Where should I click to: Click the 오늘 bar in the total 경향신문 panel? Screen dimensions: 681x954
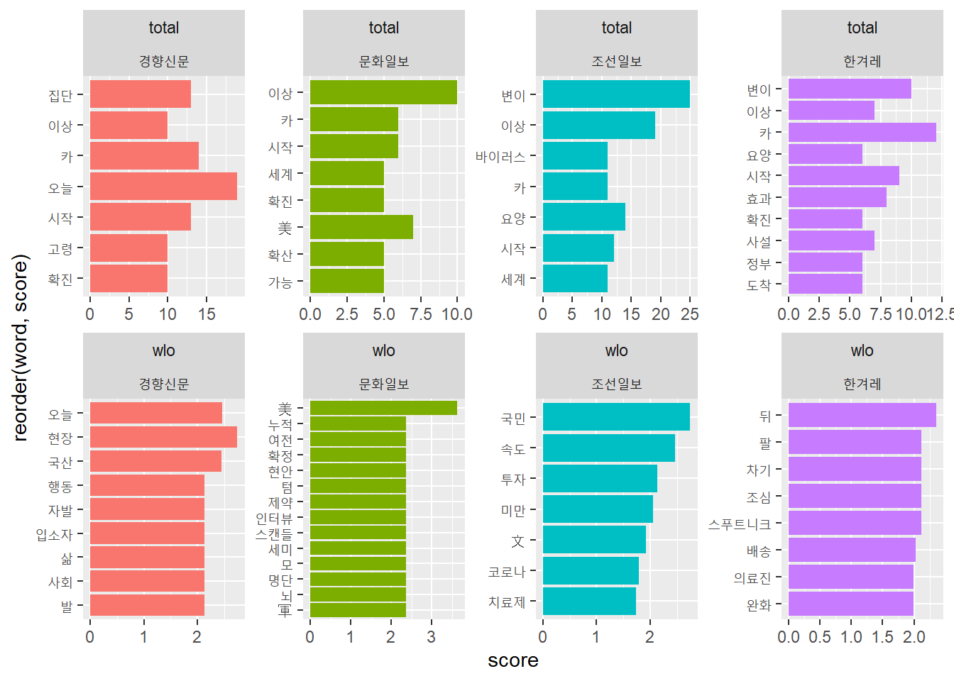click(x=163, y=186)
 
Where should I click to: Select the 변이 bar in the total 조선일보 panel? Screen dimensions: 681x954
click(x=616, y=94)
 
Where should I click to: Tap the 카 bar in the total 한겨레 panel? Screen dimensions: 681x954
click(x=862, y=133)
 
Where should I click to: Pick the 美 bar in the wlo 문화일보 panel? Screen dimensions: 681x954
click(x=383, y=408)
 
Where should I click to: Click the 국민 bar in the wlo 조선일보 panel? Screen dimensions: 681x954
click(x=616, y=417)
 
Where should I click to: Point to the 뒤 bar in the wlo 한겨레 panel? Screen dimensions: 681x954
click(x=862, y=416)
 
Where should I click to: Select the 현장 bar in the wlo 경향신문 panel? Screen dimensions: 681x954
click(x=163, y=438)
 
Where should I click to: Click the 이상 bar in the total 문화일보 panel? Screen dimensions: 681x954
click(x=383, y=93)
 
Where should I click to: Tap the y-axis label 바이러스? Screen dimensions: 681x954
click(x=500, y=157)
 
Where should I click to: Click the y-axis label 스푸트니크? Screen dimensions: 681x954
click(x=739, y=524)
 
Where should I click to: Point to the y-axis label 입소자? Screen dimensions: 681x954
click(x=55, y=534)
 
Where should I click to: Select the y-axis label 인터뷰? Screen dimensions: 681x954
click(x=274, y=519)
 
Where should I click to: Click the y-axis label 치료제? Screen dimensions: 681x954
click(x=507, y=602)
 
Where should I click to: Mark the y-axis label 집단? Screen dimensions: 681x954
click(x=60, y=95)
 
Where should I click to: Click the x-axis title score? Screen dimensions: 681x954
click(x=512, y=660)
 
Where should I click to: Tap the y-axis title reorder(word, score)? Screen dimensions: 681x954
click(x=20, y=348)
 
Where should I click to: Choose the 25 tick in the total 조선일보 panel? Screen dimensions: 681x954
click(x=689, y=314)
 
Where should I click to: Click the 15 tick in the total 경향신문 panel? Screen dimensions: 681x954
click(x=207, y=314)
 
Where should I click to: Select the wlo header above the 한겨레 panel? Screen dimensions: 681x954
click(x=862, y=350)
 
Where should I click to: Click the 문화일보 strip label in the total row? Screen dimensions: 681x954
click(x=383, y=62)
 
